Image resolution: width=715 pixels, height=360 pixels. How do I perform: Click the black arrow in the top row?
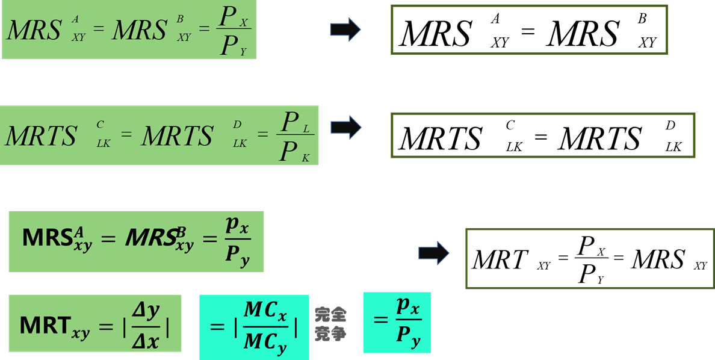tap(345, 29)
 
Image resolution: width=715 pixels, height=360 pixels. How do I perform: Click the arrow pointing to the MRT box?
tap(434, 253)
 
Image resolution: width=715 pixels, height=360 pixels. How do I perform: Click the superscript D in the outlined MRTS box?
tap(670, 125)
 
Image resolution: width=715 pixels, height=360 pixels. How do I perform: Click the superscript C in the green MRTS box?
tap(100, 123)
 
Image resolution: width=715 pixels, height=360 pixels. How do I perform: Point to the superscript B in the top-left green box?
tap(181, 20)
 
